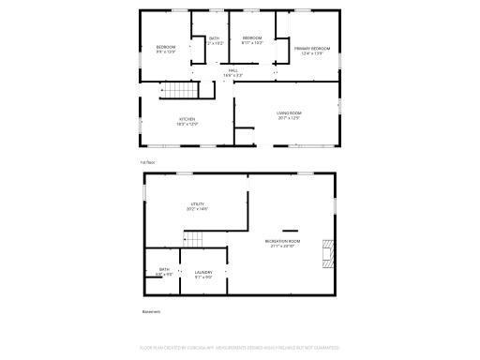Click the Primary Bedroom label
[x=311, y=48]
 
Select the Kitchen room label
[x=187, y=119]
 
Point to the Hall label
[x=232, y=70]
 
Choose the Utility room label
[x=197, y=203]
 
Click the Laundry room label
[x=203, y=273]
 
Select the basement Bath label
[x=164, y=270]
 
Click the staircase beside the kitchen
[x=181, y=91]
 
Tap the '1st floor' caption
[x=148, y=162]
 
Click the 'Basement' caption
[x=151, y=311]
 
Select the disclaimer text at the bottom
[x=239, y=347]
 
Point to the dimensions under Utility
[x=197, y=208]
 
